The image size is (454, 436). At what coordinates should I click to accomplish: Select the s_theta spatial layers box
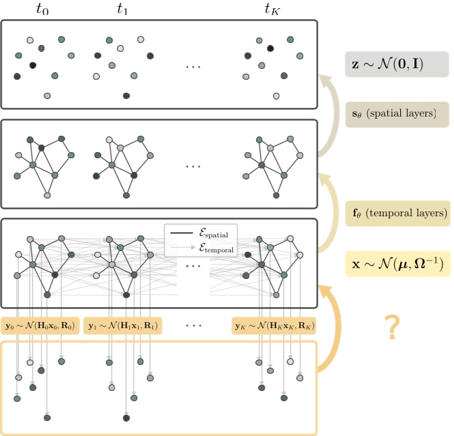point(396,114)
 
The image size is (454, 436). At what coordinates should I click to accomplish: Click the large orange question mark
point(391,328)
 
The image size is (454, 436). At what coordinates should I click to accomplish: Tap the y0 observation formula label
point(41,325)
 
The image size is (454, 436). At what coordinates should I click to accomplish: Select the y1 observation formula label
point(122,325)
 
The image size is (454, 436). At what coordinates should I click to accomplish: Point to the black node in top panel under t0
point(32,66)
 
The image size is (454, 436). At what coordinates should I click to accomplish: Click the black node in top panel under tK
point(271,48)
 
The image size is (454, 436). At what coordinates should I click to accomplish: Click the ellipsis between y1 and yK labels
point(194,326)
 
